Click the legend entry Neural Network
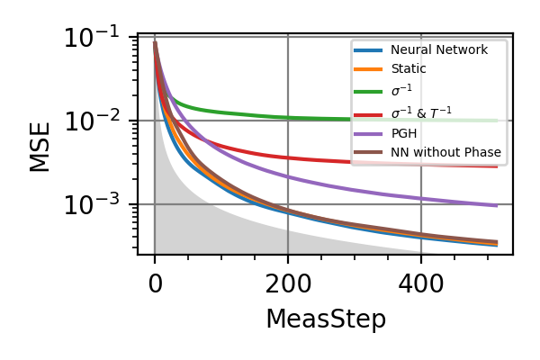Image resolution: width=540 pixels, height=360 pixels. (x=440, y=49)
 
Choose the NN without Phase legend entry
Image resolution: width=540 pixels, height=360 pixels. (x=446, y=152)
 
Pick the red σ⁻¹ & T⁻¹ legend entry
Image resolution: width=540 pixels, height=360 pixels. (x=421, y=111)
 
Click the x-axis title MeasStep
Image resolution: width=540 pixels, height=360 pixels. (x=325, y=319)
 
